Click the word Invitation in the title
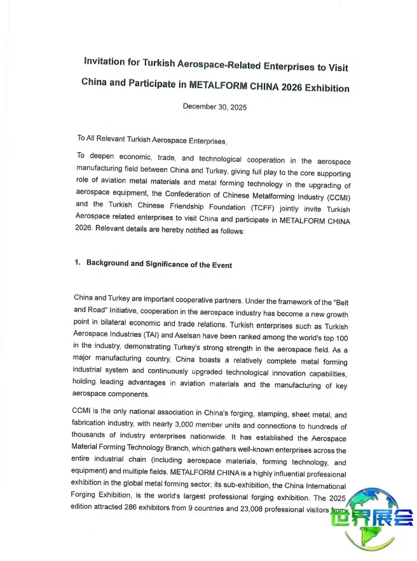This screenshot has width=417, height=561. pyautogui.click(x=107, y=61)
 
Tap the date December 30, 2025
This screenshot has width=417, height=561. pyautogui.click(x=214, y=107)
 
